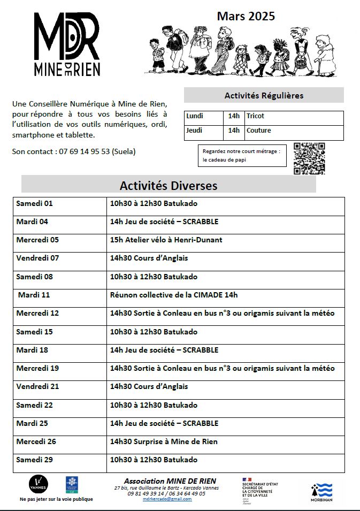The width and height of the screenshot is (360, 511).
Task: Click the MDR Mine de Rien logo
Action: click(66, 44)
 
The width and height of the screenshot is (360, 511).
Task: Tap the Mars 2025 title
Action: click(246, 17)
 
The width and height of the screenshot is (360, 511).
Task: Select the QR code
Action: click(309, 158)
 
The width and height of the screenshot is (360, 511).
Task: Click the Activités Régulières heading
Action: click(264, 96)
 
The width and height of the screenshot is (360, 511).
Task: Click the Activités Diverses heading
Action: click(168, 186)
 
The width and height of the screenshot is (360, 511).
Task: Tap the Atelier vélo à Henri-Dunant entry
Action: click(166, 240)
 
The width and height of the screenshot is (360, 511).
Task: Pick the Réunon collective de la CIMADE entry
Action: click(174, 295)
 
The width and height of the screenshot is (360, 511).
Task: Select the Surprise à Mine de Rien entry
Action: click(164, 442)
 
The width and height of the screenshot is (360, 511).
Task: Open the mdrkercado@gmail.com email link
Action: click(167, 499)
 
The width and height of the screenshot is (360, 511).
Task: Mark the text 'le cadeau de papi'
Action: click(224, 160)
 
